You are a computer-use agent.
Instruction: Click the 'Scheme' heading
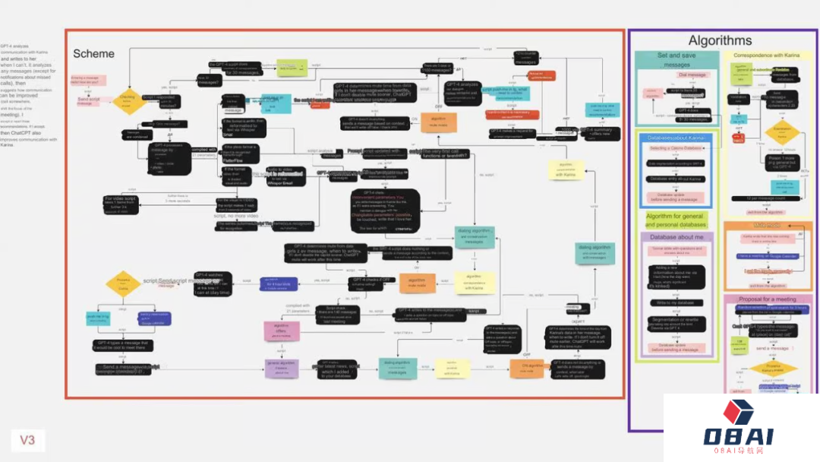(x=93, y=54)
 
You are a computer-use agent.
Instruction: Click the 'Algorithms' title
(x=720, y=41)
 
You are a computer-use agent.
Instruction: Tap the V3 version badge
(x=28, y=439)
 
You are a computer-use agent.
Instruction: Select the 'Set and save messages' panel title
(x=677, y=60)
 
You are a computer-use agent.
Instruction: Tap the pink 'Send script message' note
(x=90, y=100)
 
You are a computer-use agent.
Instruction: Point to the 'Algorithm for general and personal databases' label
(x=675, y=220)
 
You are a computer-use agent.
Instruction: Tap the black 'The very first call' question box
(x=436, y=154)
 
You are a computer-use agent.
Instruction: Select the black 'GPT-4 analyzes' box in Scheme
(x=462, y=91)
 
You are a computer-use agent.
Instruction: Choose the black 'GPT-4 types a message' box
(x=126, y=346)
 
